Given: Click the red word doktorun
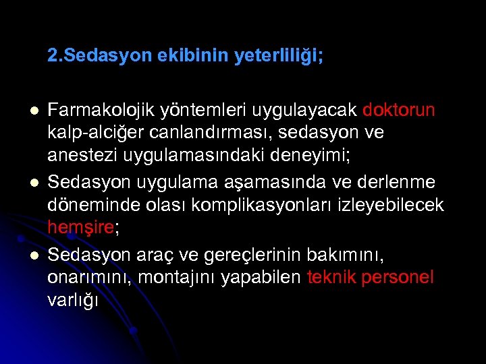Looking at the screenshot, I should coord(399,110).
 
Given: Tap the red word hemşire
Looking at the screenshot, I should coord(81,227).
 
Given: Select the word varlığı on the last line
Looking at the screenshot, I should coord(73,300).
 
